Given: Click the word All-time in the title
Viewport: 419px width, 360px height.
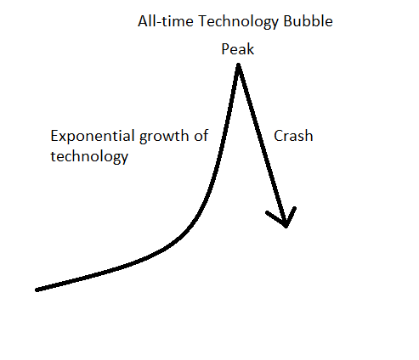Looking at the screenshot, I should click(161, 21).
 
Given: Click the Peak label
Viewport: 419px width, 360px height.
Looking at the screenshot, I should click(238, 49).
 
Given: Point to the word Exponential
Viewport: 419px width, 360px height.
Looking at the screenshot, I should click(90, 137).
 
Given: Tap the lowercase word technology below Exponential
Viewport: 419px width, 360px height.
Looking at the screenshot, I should click(90, 156).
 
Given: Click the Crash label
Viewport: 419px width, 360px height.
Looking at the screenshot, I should click(293, 136).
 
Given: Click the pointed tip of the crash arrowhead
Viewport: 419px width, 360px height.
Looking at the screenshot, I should click(287, 226).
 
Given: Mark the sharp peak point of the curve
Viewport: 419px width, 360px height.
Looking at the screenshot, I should click(239, 65).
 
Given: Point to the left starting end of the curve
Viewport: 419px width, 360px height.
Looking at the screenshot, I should click(37, 290).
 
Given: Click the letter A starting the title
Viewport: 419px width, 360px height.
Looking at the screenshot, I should click(142, 21).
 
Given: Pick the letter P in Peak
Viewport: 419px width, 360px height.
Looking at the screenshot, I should click(225, 49).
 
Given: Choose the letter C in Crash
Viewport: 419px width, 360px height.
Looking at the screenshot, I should click(278, 136).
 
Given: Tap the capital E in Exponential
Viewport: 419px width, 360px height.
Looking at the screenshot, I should click(54, 137).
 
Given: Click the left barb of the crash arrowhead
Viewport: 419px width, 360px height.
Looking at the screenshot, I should click(269, 213).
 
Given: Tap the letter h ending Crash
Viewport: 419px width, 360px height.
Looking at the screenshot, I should click(309, 136).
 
